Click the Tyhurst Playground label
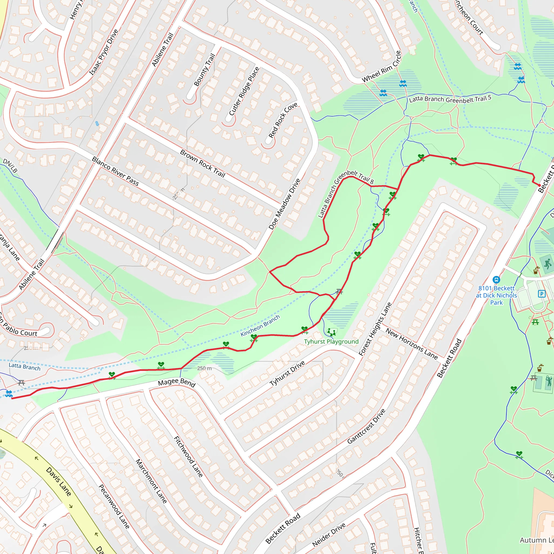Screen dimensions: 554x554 (x=331, y=342)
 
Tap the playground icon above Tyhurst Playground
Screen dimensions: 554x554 (x=332, y=332)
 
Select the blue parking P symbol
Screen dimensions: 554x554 (x=542, y=294)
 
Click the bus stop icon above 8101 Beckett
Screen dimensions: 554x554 (x=496, y=280)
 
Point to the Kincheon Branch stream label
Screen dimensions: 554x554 (x=260, y=325)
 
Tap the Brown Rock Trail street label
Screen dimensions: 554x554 (x=202, y=163)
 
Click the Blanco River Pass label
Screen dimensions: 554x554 (x=115, y=171)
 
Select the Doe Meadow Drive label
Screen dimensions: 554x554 (x=285, y=204)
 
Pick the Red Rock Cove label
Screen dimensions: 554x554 (x=283, y=120)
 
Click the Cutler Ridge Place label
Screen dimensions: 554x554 (x=244, y=91)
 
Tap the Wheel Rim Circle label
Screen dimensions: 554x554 (x=381, y=67)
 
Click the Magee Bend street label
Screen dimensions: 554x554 (x=177, y=382)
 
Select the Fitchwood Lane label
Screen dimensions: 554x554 (x=188, y=457)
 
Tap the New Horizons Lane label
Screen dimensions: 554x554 (x=411, y=344)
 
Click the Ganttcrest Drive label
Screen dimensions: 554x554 (x=366, y=426)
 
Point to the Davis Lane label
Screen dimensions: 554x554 (x=58, y=482)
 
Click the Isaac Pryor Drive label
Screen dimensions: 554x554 (x=104, y=52)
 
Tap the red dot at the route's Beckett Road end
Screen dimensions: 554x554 (x=539, y=186)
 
